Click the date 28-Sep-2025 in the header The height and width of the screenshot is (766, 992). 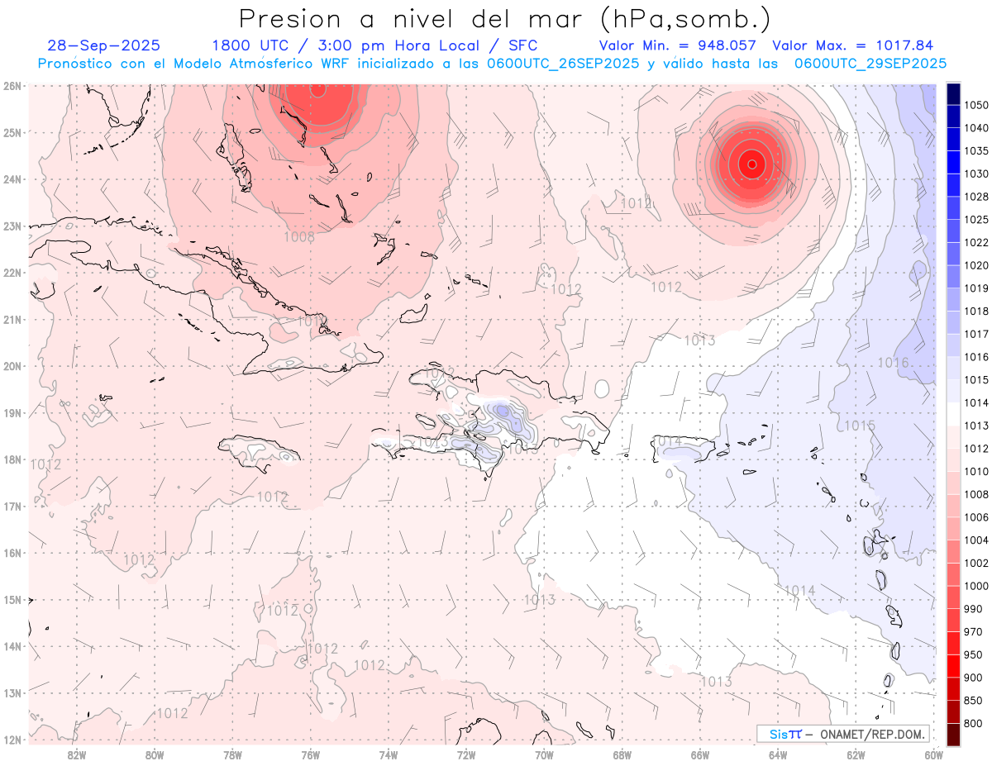click(104, 45)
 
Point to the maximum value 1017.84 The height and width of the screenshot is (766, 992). click(905, 45)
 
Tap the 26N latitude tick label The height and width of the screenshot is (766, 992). click(12, 86)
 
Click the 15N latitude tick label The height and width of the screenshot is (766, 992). click(12, 600)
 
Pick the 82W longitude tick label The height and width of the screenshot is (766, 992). click(77, 754)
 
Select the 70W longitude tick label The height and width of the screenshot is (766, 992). click(544, 754)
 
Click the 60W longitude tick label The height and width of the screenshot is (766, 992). click(934, 754)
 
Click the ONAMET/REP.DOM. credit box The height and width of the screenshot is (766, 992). click(842, 734)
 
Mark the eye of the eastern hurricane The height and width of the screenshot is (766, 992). click(751, 164)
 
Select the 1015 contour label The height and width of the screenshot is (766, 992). click(859, 426)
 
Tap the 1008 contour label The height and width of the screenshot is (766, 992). click(298, 237)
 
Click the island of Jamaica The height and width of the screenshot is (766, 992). click(258, 451)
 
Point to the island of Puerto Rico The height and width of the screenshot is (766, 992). click(683, 449)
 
